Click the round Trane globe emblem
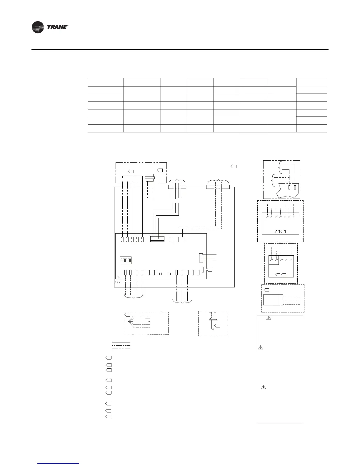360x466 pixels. click(38, 27)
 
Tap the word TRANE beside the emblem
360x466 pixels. click(57, 27)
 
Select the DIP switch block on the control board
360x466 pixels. click(126, 260)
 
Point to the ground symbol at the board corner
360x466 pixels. click(117, 280)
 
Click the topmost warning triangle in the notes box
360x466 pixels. click(269, 318)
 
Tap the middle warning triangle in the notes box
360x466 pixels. click(260, 347)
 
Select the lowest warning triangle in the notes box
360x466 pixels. click(263, 387)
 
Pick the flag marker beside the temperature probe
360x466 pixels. click(217, 326)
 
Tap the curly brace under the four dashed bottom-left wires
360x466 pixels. click(133, 296)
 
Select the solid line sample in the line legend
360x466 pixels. click(121, 342)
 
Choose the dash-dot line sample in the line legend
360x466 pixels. click(121, 349)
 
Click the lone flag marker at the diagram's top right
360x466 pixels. click(234, 166)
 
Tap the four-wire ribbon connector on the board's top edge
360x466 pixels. click(157, 239)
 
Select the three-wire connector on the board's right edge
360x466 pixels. click(201, 258)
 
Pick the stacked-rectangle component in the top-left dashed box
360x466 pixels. click(149, 178)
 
